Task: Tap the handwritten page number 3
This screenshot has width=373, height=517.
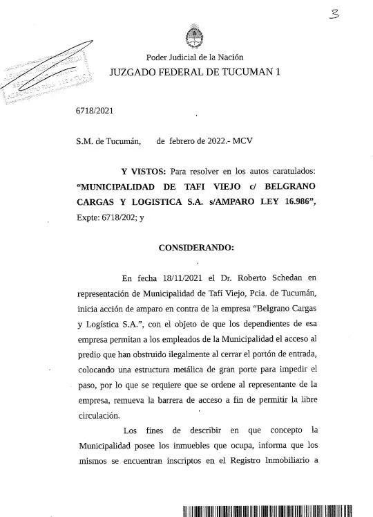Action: click(x=336, y=13)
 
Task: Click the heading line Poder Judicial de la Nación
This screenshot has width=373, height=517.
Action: click(x=194, y=57)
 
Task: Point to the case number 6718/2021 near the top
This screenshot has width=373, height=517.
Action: click(x=95, y=111)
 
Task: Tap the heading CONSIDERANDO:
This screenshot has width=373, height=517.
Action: click(x=196, y=247)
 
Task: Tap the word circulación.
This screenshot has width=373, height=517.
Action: click(x=97, y=416)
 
